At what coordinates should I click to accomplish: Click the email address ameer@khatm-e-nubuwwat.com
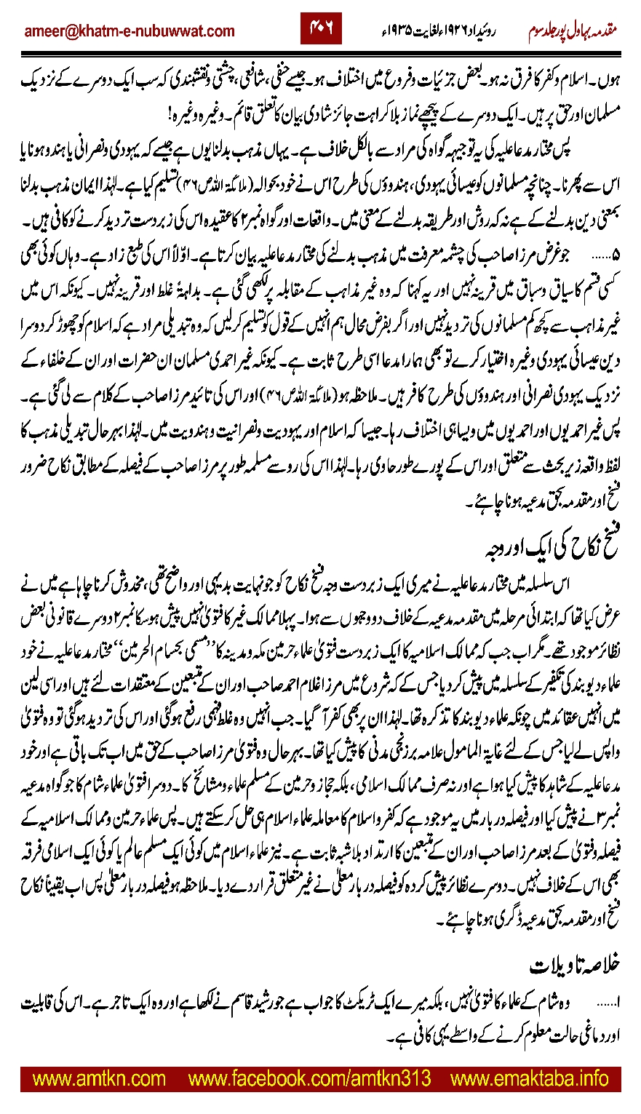tap(130, 31)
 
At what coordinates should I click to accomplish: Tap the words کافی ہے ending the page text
tap(407, 1034)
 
